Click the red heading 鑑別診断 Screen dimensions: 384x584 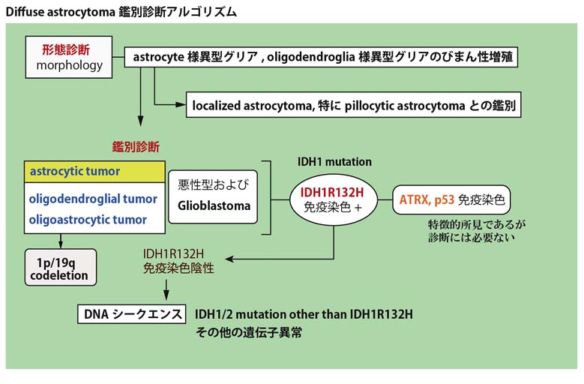pos(136,146)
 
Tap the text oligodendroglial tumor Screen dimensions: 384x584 pos(94,199)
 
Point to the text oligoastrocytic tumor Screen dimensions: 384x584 pos(88,220)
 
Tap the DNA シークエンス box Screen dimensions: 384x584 pos(130,313)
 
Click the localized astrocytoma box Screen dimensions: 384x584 pos(354,106)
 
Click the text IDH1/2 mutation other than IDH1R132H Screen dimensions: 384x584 pos(304,313)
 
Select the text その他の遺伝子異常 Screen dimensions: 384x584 pos(248,332)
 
